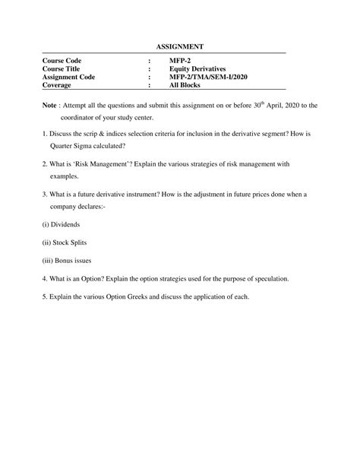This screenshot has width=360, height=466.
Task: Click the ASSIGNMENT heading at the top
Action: tap(180, 47)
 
